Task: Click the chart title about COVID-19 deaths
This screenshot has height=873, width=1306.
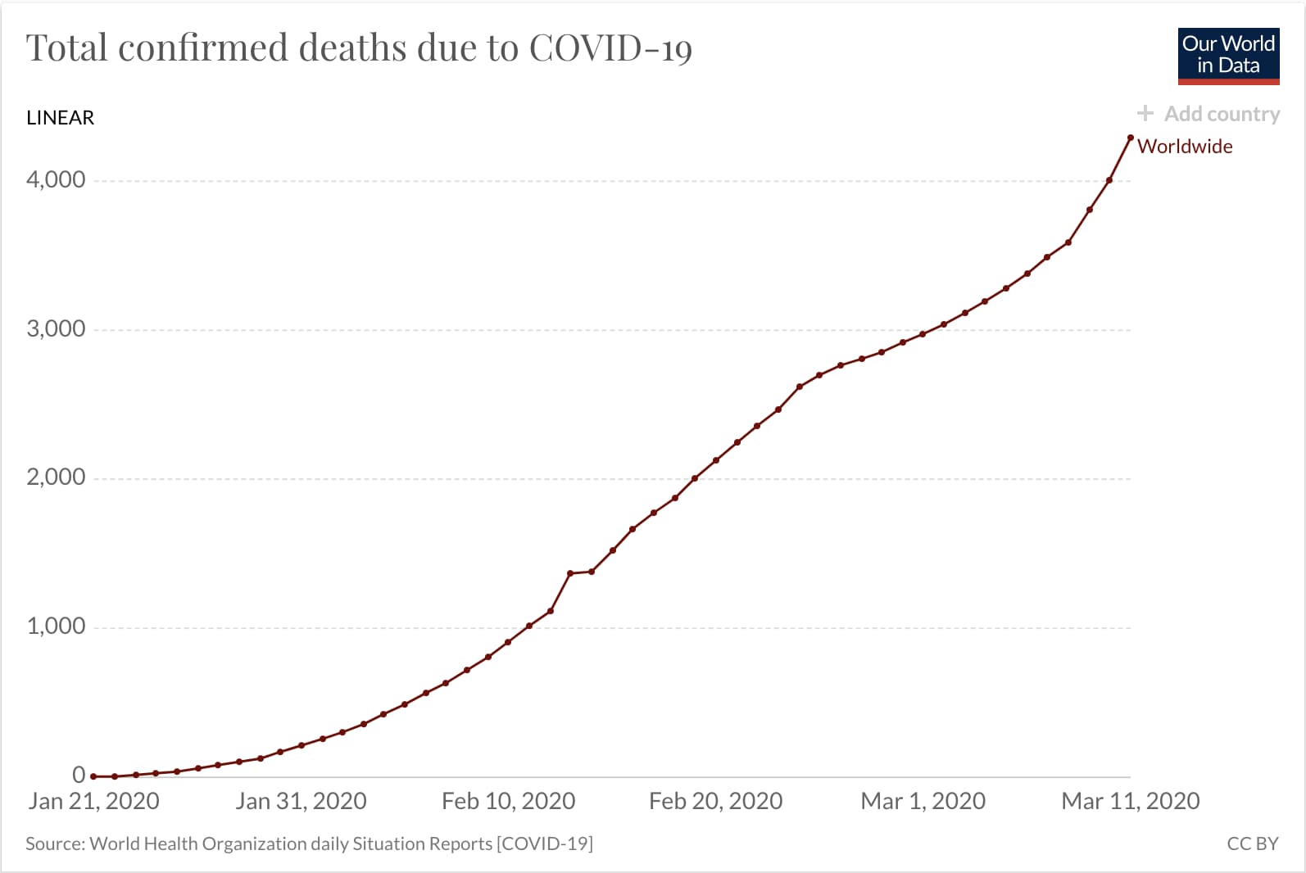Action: tap(359, 47)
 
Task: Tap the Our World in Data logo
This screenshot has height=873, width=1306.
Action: tap(1228, 56)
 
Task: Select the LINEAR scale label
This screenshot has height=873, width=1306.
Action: tap(60, 118)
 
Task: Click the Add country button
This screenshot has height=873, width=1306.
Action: tap(1209, 114)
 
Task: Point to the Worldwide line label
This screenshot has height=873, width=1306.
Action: tap(1185, 147)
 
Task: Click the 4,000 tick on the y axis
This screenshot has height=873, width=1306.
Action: tap(56, 179)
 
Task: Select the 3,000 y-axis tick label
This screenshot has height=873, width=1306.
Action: tap(56, 328)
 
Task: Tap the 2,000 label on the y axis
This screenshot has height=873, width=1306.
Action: tap(56, 477)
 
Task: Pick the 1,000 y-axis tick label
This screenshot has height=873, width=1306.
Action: tap(56, 626)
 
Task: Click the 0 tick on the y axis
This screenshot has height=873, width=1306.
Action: tap(79, 774)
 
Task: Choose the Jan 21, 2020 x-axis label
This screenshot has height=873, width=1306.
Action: tap(93, 801)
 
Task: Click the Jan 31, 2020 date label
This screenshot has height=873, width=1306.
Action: tap(301, 801)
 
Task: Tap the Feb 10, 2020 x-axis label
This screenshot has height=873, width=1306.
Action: tap(508, 801)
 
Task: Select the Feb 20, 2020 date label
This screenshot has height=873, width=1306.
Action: tap(715, 801)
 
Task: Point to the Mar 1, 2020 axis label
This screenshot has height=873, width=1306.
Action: tap(923, 801)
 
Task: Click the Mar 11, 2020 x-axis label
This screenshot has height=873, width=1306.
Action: tap(1130, 801)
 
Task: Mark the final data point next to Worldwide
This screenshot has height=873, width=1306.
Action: tap(1131, 138)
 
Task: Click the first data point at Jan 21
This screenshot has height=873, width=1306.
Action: tap(93, 776)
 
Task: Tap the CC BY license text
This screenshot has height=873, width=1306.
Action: tap(1252, 844)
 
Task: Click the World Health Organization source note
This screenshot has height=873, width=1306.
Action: tap(309, 844)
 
